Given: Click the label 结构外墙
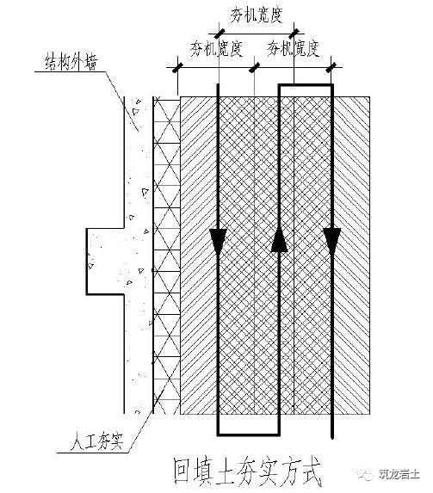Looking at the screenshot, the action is coord(71,62).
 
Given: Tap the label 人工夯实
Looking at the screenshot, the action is coord(96,441).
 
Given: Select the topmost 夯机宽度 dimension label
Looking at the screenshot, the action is coord(257,15).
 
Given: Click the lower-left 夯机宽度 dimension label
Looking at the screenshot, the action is coord(217,49).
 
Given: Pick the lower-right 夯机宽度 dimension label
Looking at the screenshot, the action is coord(294,49).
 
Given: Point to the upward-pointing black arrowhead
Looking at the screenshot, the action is coord(279,240).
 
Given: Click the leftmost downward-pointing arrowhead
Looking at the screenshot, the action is coord(218,242).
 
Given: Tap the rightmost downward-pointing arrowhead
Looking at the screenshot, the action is coord(332,241).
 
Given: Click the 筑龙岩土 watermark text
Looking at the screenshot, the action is coord(399,474).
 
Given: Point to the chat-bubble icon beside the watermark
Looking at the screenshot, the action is coord(367,474).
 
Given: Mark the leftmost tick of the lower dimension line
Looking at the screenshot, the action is coord(178,67).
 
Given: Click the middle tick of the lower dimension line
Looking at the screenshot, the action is coord(254,67).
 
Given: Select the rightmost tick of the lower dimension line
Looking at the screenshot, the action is coord(331,67).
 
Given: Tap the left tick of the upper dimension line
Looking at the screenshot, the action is coord(219,34).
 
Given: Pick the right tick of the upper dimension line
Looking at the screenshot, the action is coord(294,34).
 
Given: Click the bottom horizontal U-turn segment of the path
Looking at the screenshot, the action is coord(248,434).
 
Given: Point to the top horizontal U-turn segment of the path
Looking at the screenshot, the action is coord(306,85).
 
